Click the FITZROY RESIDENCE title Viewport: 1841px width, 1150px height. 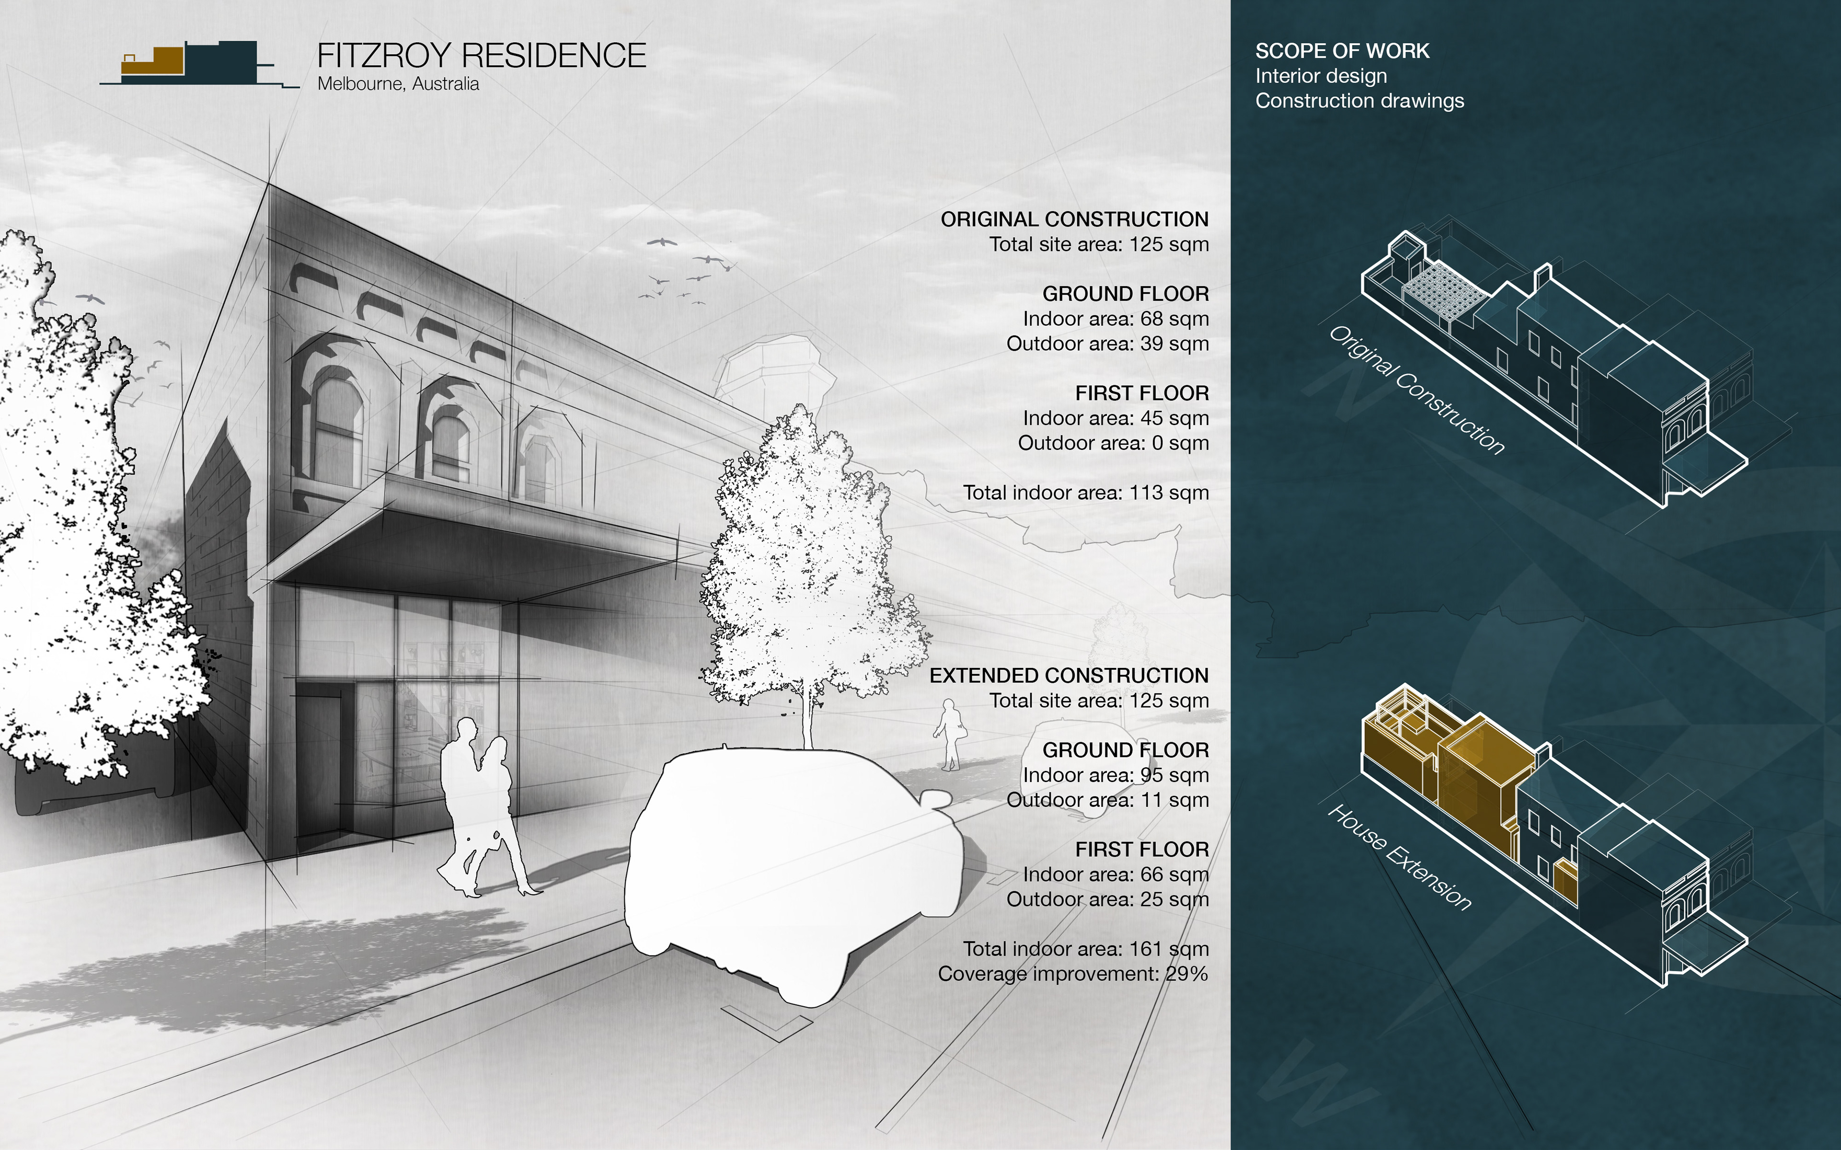coord(481,56)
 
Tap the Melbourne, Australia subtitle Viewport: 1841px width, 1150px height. coord(398,84)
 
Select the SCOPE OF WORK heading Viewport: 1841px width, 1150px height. coord(1342,51)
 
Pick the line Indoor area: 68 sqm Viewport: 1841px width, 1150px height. coord(1115,319)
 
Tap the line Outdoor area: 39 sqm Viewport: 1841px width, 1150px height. coord(1107,344)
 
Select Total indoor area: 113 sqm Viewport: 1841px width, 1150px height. coord(1085,493)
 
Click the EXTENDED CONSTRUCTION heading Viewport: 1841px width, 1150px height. coord(1068,676)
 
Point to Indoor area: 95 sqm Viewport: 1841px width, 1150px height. coord(1115,775)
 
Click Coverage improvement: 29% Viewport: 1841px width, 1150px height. coord(1072,974)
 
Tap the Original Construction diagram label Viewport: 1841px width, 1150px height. coord(1417,390)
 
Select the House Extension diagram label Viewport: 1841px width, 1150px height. coord(1400,856)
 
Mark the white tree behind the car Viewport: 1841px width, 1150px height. coord(810,563)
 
